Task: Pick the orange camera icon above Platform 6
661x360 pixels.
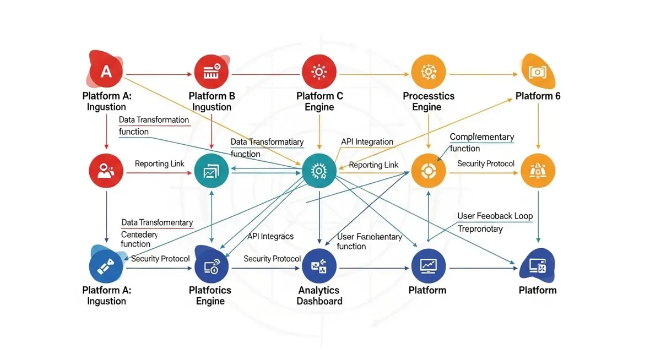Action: (x=537, y=72)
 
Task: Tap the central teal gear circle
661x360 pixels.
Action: (x=319, y=172)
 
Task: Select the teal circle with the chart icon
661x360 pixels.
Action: (x=212, y=172)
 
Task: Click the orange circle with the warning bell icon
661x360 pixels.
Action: (x=538, y=172)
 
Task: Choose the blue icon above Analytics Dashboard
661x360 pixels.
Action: (x=319, y=268)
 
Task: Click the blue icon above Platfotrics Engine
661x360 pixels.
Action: (x=212, y=268)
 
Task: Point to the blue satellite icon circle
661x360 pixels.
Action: (x=105, y=268)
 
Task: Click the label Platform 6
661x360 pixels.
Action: (x=538, y=96)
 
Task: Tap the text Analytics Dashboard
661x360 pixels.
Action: (x=319, y=296)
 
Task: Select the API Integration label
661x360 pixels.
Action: (x=367, y=141)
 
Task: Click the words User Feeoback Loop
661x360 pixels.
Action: (x=495, y=216)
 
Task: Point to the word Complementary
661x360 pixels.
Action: (x=481, y=137)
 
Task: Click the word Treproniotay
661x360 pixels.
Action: (x=480, y=228)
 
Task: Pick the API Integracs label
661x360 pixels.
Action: (x=270, y=236)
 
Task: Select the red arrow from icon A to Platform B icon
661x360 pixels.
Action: (x=160, y=73)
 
